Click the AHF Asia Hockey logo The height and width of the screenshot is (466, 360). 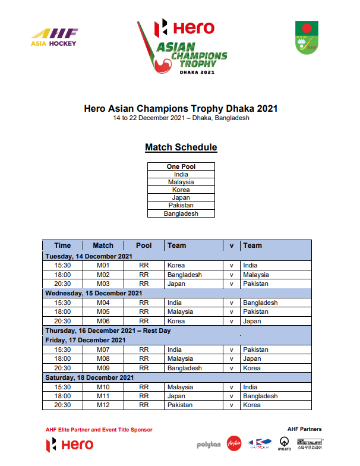[x=54, y=37]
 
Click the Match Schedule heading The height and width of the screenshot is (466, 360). [x=181, y=147]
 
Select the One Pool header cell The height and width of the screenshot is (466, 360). [x=181, y=166]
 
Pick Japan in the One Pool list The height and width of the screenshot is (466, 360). [x=181, y=197]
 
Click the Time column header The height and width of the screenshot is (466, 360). [x=62, y=245]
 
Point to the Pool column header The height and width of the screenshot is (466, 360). [x=144, y=245]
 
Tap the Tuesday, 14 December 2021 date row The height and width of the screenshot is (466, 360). [x=89, y=256]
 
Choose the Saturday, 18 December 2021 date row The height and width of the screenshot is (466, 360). [x=90, y=377]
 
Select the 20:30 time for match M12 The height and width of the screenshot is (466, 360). [x=62, y=405]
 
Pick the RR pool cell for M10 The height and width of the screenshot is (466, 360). [x=144, y=387]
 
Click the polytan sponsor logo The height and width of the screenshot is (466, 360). [x=209, y=444]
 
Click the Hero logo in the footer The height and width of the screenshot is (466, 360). [x=70, y=445]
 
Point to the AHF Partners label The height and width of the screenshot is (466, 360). [x=304, y=429]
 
